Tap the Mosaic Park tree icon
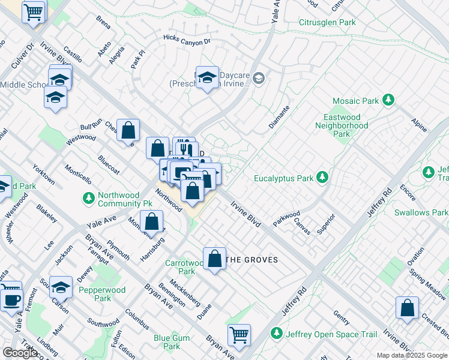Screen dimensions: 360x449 point(388,100)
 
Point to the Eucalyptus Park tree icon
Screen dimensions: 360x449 point(322,177)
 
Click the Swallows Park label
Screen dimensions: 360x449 point(421,212)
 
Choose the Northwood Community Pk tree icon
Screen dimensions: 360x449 point(88,198)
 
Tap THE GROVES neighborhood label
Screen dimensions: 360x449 point(253,260)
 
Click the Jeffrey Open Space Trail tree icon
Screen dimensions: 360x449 point(277,333)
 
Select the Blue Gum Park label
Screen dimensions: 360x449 point(172,342)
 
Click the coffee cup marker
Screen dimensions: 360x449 point(11,298)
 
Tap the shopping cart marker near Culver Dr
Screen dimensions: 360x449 point(34,11)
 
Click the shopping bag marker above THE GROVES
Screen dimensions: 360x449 point(215,259)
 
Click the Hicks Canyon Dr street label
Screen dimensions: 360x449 point(188,40)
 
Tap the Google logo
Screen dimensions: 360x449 point(20,353)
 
